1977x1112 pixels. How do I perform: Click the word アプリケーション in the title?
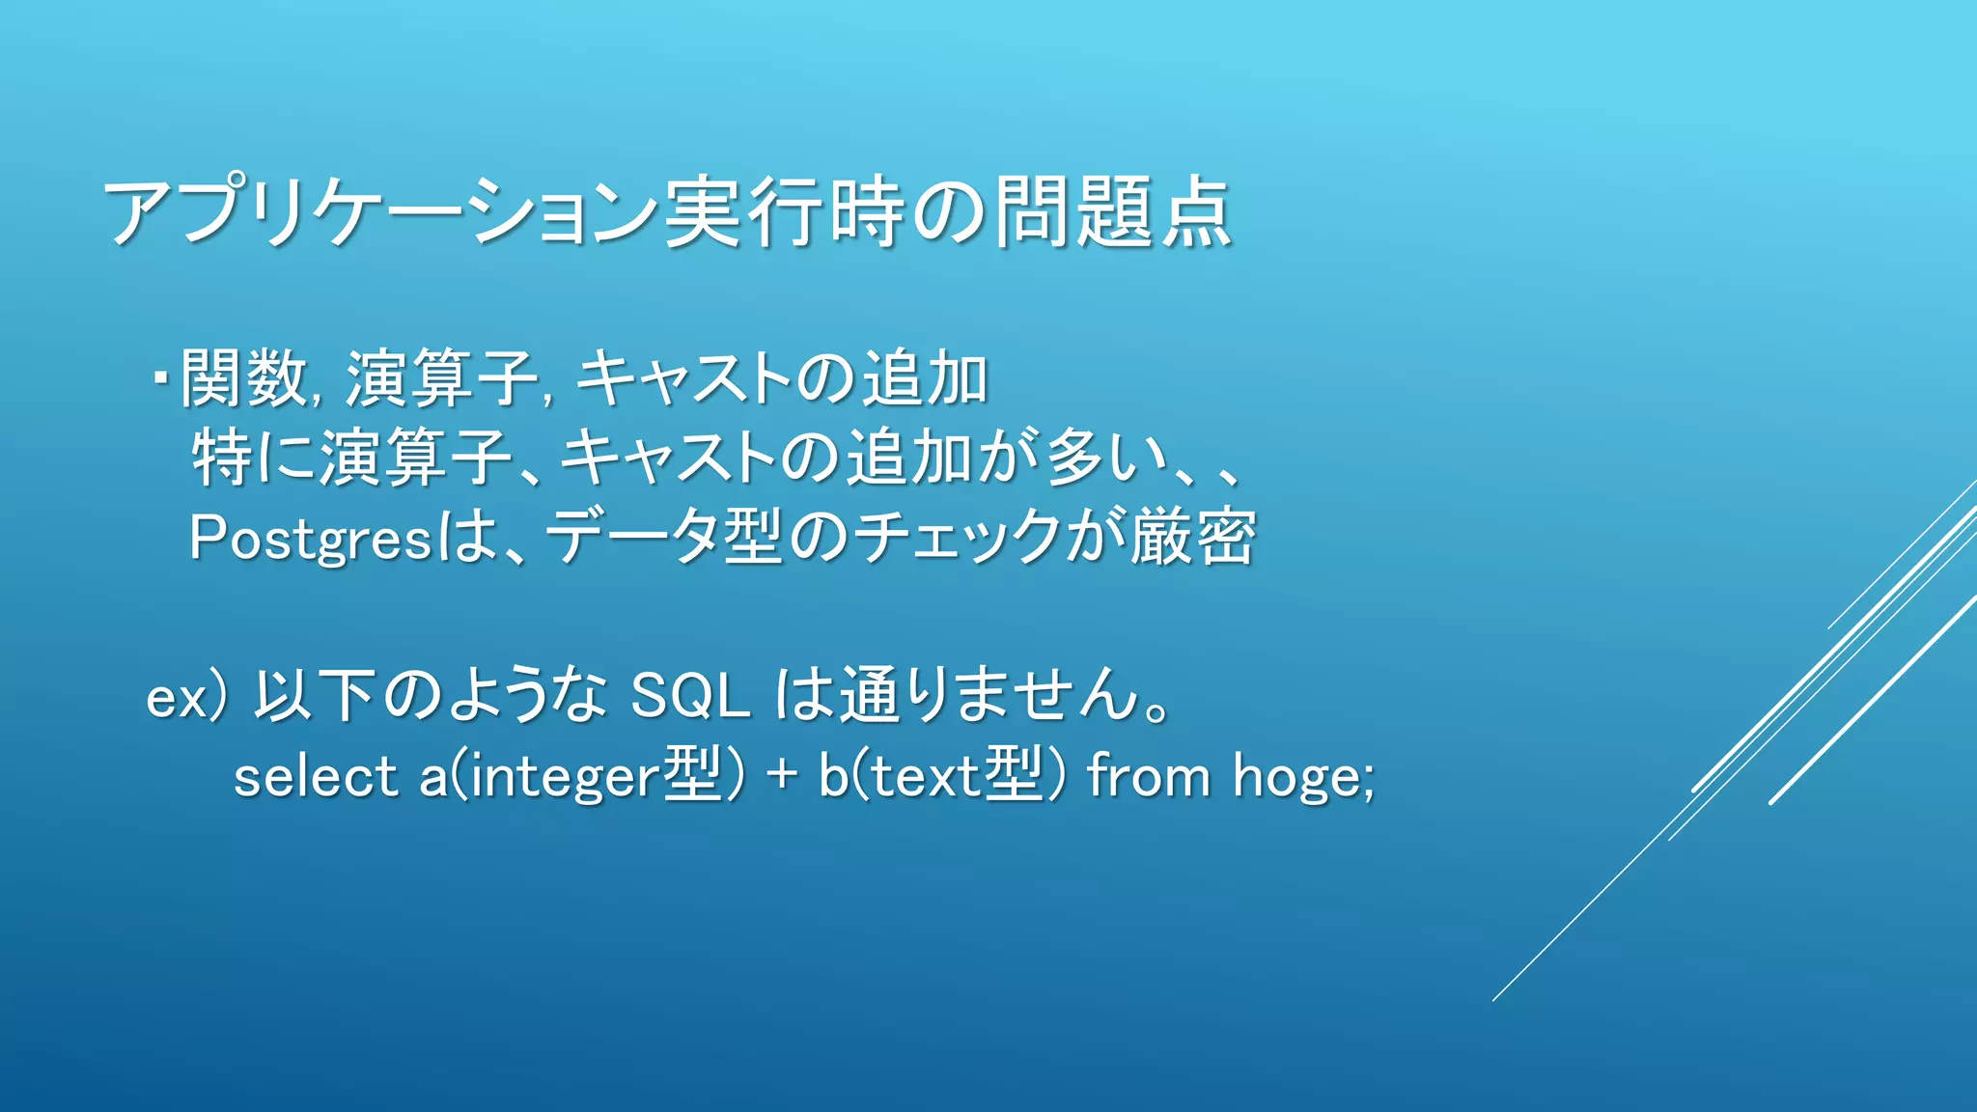point(381,212)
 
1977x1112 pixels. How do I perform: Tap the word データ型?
point(665,537)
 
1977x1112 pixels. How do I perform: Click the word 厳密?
point(1194,537)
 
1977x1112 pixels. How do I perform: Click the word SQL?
point(690,695)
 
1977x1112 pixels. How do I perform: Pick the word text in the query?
point(927,777)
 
